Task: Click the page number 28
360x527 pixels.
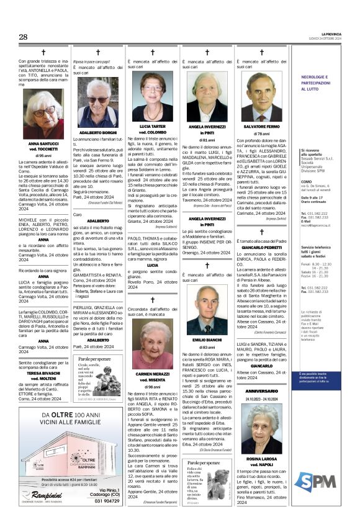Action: pyautogui.click(x=23, y=37)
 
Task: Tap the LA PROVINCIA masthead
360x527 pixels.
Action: pyautogui.click(x=333, y=34)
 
